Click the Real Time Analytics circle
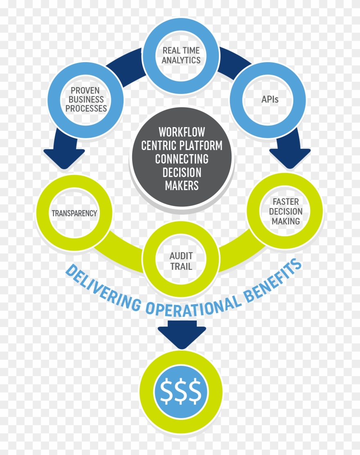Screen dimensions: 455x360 pos(181,55)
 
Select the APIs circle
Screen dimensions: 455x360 pos(268,99)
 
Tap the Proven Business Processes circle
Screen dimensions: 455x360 pos(86,99)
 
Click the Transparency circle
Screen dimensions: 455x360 pos(74,213)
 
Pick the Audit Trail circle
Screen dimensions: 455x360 pos(181,261)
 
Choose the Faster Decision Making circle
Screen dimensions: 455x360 pos(286,211)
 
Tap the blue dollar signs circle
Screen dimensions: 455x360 pos(181,391)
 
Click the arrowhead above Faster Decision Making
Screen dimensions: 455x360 pos(290,157)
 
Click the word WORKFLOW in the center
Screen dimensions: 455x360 pos(182,132)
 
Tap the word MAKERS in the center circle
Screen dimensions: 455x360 pos(182,186)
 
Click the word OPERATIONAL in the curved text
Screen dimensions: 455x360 pos(192,305)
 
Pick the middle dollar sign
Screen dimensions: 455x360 pos(181,391)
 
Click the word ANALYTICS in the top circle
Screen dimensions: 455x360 pos(181,60)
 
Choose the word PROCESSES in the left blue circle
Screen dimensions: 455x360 pos(86,109)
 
